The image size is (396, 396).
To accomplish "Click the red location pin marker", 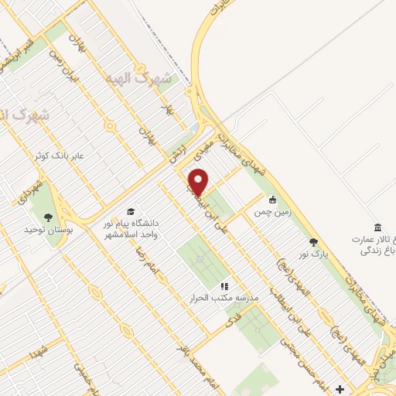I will pyautogui.click(x=199, y=183).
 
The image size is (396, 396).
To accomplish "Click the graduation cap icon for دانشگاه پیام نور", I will pyautogui.click(x=131, y=212).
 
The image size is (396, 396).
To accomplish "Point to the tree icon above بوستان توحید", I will pyautogui.click(x=49, y=217).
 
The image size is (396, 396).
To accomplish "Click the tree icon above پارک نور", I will pyautogui.click(x=313, y=242).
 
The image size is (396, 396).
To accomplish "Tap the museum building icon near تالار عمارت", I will pyautogui.click(x=377, y=227).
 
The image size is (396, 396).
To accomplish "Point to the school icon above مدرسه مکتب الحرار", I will pyautogui.click(x=225, y=285).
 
